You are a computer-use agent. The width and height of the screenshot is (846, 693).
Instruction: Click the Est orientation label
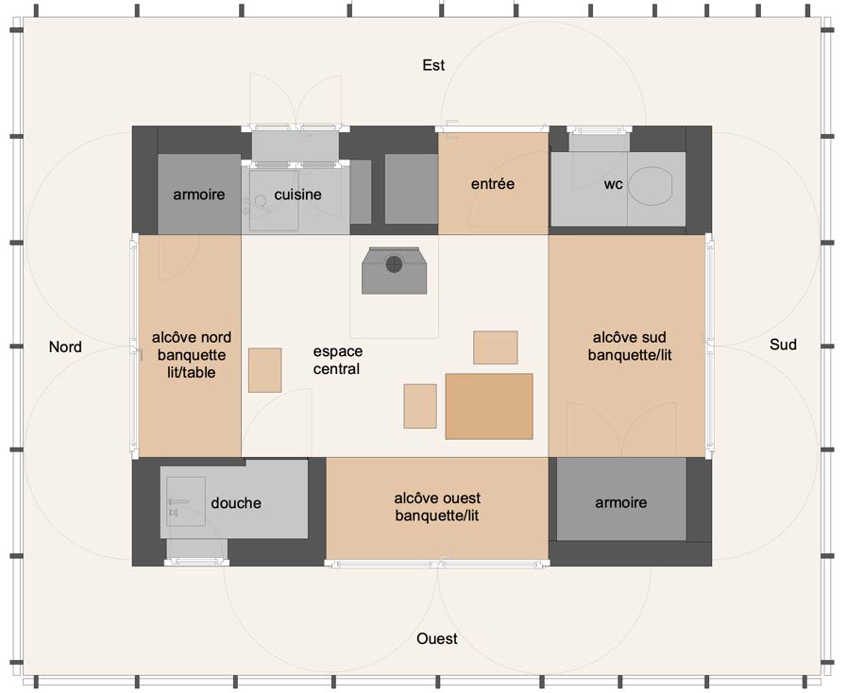pos(433,65)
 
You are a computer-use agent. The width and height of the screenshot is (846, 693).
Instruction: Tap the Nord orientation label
pos(65,346)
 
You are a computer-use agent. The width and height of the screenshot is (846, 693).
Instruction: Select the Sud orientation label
pos(783,345)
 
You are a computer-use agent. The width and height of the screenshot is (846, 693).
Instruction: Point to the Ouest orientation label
pos(437,638)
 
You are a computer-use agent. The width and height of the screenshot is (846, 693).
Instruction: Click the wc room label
pos(614,184)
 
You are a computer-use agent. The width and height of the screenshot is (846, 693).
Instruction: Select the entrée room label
pos(493,183)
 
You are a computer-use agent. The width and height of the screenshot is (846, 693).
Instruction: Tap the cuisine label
pos(297,194)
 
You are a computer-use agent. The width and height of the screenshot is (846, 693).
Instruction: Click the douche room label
pos(236,503)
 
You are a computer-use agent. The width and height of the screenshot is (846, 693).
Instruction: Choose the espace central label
pos(338,360)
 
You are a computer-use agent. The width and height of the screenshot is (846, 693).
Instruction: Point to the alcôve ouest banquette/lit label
pos(437,507)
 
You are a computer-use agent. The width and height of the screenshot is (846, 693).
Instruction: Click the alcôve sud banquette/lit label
pos(630,346)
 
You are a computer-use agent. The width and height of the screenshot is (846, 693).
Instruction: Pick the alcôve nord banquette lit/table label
pos(192,355)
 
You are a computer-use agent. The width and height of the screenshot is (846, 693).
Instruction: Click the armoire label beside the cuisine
pos(199,194)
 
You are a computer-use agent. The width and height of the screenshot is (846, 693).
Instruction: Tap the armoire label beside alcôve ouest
pos(621,502)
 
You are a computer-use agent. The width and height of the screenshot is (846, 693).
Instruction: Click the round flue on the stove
pos(395,264)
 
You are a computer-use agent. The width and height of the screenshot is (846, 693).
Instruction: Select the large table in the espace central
pos(489,406)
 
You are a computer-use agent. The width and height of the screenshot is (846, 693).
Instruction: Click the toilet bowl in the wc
pos(651,186)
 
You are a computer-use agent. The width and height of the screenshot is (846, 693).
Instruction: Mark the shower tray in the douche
pos(186,501)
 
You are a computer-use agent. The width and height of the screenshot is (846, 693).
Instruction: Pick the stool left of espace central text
pos(265,370)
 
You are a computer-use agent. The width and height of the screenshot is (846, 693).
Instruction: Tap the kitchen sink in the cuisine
pos(274,201)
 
